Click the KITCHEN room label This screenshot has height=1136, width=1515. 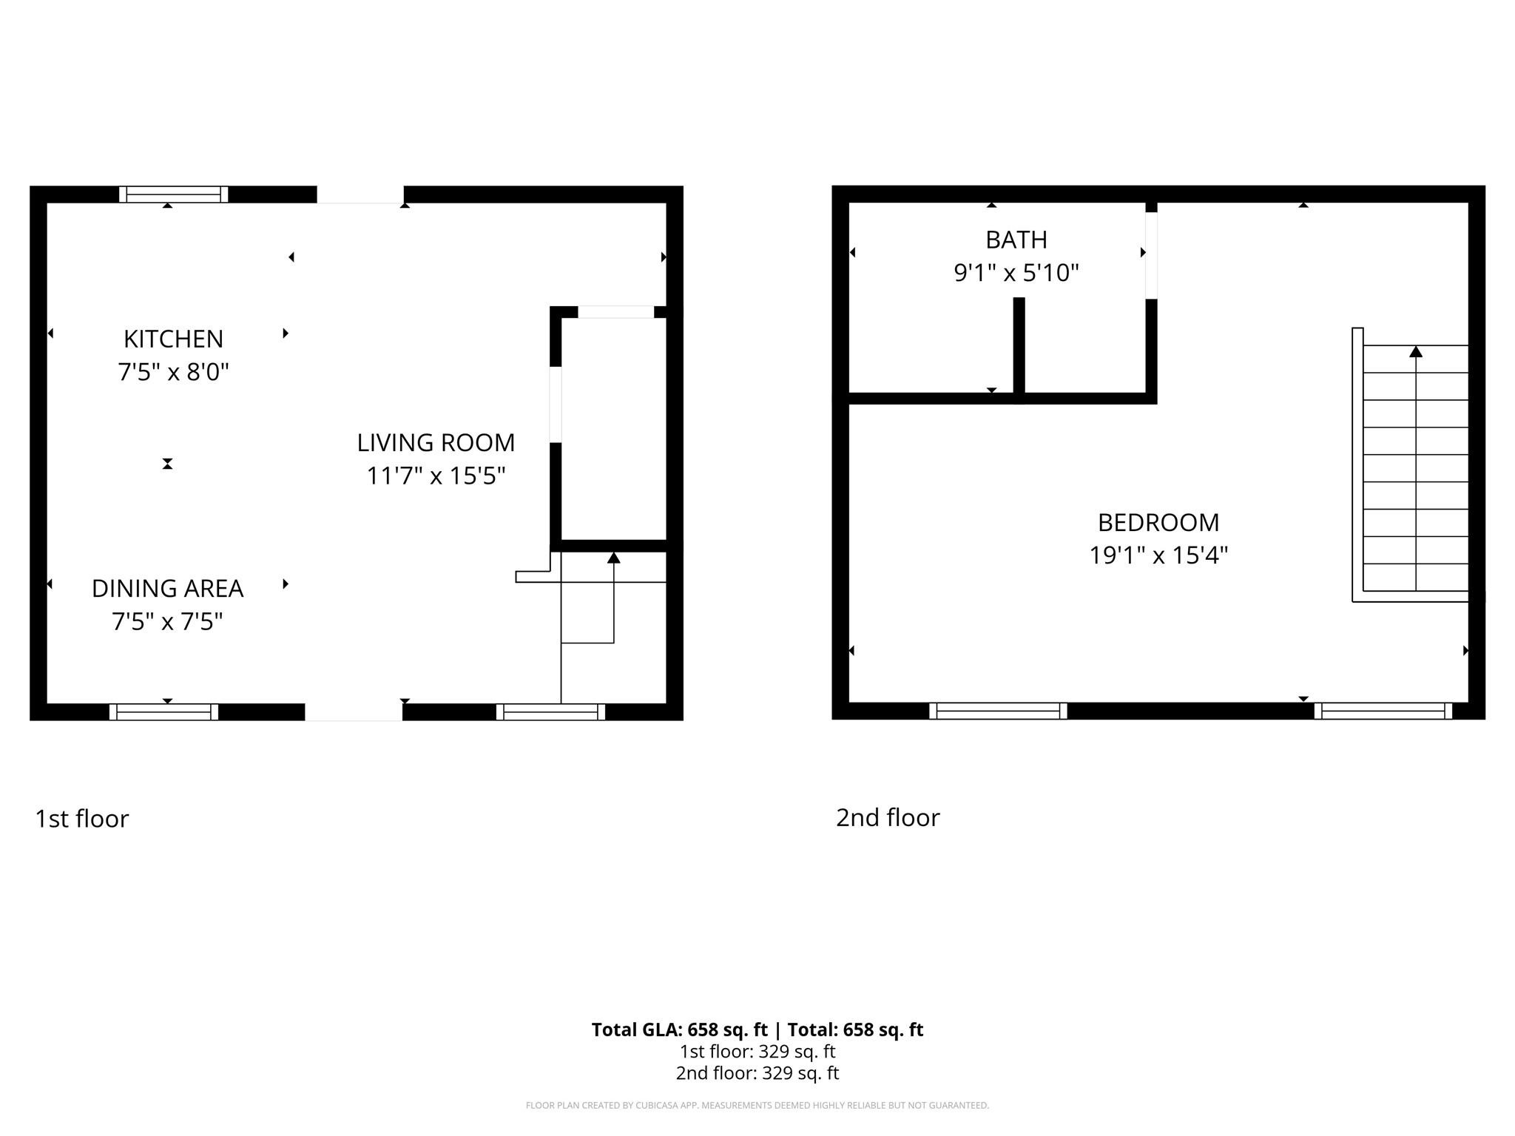173,339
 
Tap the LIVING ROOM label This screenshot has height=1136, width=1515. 436,442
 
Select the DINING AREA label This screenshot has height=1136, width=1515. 167,589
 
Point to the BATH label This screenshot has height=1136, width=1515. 1016,240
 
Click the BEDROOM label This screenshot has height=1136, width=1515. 1158,523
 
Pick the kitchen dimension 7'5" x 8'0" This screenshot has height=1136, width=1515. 173,371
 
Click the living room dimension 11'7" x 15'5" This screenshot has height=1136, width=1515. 436,475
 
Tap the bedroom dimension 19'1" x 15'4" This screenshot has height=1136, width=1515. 1158,555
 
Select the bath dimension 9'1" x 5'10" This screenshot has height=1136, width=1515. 1016,273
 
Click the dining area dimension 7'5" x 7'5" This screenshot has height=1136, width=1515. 167,621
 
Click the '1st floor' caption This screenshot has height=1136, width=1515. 82,819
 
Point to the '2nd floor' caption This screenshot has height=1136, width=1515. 888,817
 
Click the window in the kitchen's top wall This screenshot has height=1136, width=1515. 174,195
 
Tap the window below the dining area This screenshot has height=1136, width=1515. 163,712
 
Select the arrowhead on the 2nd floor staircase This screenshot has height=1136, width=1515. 1416,352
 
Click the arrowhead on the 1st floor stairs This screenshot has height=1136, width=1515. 613,558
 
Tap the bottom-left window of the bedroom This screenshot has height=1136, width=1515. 998,711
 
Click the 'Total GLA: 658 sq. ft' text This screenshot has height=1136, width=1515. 679,1029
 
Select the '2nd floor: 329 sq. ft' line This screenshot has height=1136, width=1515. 757,1073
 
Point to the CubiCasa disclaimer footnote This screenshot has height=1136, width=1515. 757,1106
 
